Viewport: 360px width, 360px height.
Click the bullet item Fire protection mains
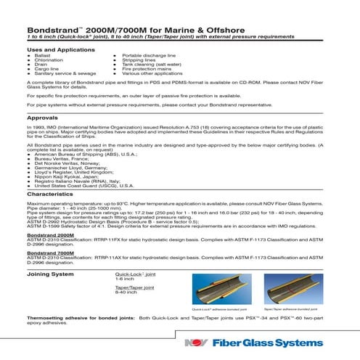[144, 70]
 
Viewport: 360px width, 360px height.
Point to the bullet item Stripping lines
[139, 60]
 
